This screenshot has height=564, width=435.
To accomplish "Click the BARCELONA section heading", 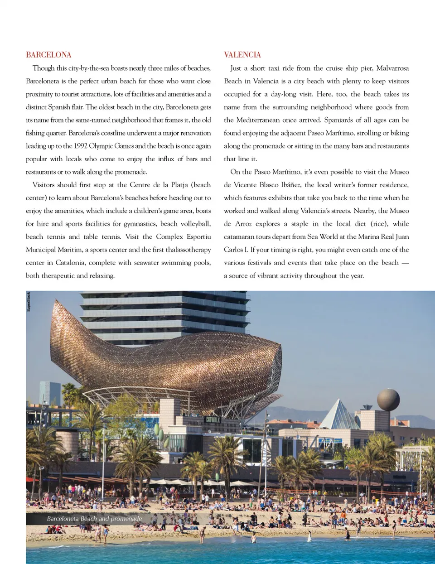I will (x=48, y=55).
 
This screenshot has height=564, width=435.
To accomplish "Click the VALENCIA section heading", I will (x=242, y=55).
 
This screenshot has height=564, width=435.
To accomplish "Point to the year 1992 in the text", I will (x=81, y=146).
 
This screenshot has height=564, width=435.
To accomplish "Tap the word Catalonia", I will (x=69, y=263).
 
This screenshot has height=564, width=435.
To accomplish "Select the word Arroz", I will (x=243, y=224).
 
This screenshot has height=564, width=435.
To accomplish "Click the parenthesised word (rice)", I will (x=379, y=224).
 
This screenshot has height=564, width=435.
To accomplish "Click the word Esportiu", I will (x=198, y=236).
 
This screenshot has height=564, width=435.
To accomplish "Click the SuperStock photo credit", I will (x=29, y=302).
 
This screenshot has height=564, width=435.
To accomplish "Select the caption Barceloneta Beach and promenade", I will (x=94, y=519).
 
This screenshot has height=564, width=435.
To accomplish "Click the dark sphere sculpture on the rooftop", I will (x=388, y=400).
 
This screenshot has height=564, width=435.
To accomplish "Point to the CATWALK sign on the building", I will (x=213, y=419).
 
